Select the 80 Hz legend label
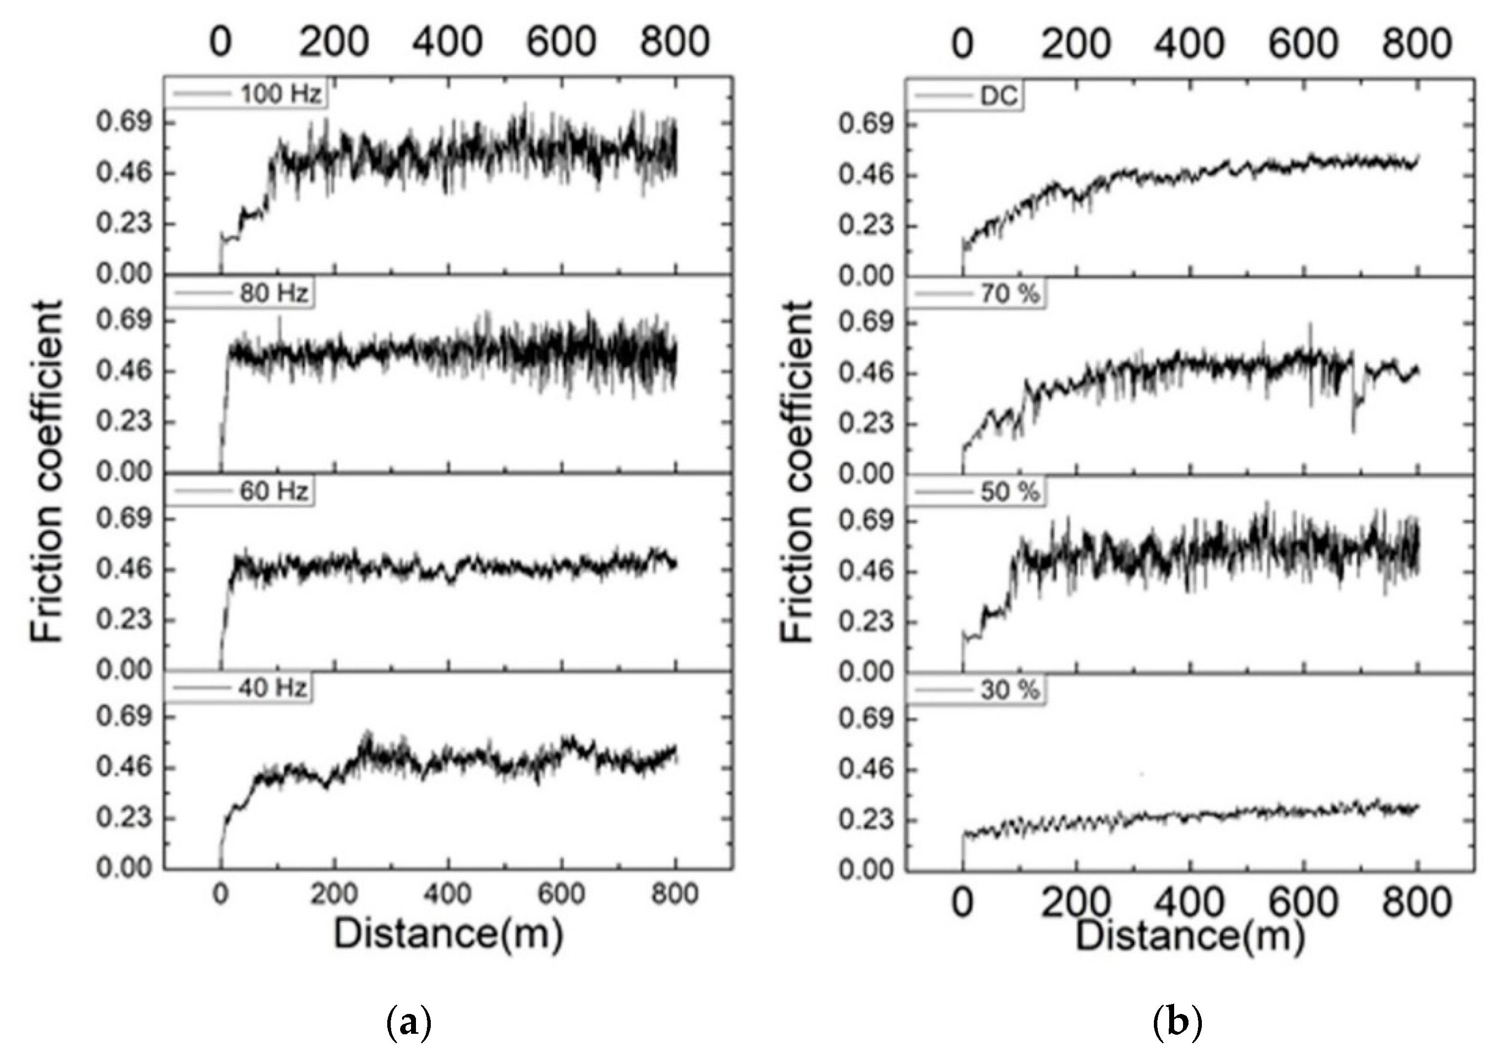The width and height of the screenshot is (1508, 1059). tap(273, 293)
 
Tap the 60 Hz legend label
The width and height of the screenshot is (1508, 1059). tap(273, 491)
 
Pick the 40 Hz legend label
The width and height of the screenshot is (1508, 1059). tap(272, 689)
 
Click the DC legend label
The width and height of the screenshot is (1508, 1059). tap(999, 96)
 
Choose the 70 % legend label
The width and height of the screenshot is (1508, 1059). tap(1010, 294)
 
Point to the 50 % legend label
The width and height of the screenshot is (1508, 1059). tap(1010, 493)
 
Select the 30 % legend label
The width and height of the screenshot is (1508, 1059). tap(1010, 691)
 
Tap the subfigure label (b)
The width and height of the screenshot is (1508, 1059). tap(1177, 1023)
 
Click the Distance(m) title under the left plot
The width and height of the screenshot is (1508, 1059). tap(449, 933)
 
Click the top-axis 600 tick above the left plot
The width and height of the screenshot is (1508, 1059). tap(561, 41)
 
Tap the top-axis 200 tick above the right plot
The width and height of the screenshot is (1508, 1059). tap(1076, 44)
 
